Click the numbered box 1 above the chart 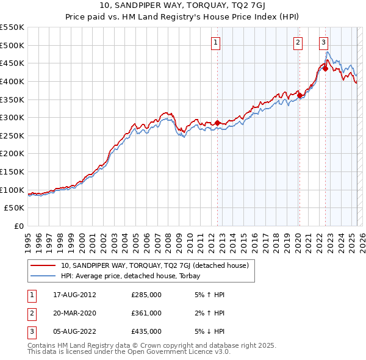click(217, 42)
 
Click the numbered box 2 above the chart click(298, 42)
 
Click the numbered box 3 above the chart click(323, 42)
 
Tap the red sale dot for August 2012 click(217, 123)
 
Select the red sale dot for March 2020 click(300, 95)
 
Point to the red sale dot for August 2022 click(325, 68)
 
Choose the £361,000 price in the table click(146, 313)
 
